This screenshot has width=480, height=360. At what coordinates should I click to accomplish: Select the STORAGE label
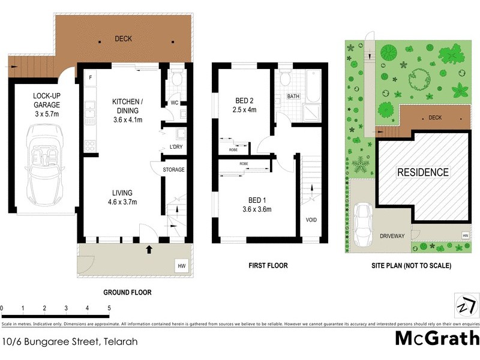click(174, 170)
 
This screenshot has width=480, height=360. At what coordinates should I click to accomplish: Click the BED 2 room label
click(244, 106)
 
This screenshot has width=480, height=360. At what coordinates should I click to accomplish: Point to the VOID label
click(311, 220)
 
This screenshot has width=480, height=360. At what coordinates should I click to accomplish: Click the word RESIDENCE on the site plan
click(423, 172)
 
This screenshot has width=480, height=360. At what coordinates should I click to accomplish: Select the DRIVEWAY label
click(392, 237)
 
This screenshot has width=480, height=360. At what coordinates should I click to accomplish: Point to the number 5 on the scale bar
click(109, 308)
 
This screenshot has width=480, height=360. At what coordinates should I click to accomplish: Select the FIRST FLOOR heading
click(268, 265)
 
